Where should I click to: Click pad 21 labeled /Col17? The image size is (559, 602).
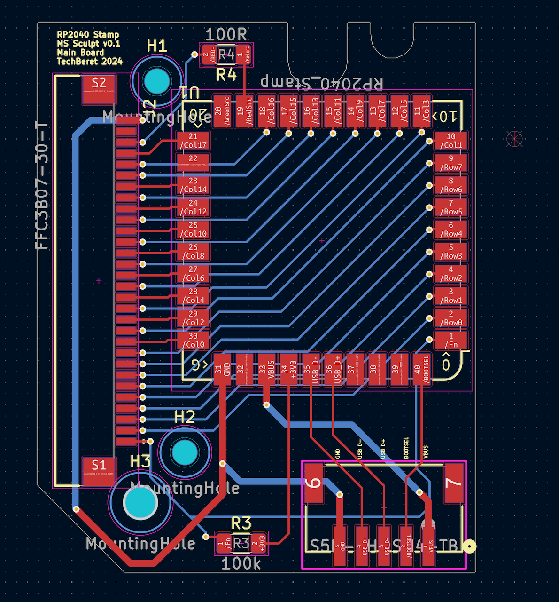pyautogui.click(x=193, y=141)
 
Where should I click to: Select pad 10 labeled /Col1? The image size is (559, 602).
pyautogui.click(x=450, y=141)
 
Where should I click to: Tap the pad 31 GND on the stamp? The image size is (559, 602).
pyautogui.click(x=223, y=369)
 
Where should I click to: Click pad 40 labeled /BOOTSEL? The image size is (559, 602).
pyautogui.click(x=421, y=369)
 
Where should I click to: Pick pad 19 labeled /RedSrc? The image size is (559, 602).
pyautogui.click(x=244, y=111)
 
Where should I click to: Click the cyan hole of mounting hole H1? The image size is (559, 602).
pyautogui.click(x=156, y=81)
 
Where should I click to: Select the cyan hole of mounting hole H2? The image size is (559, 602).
pyautogui.click(x=185, y=452)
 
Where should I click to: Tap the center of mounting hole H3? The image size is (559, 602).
pyautogui.click(x=140, y=503)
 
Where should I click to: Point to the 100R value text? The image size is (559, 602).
pyautogui.click(x=226, y=34)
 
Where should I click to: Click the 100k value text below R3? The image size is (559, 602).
pyautogui.click(x=241, y=563)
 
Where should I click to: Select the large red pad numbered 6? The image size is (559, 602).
pyautogui.click(x=314, y=483)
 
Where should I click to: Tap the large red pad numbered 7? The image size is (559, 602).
pyautogui.click(x=454, y=483)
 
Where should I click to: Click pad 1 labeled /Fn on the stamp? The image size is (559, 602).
pyautogui.click(x=450, y=340)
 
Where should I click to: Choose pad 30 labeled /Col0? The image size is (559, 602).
pyautogui.click(x=193, y=340)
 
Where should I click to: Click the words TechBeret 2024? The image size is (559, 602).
pyautogui.click(x=90, y=62)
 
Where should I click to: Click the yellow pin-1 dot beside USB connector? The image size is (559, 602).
pyautogui.click(x=469, y=547)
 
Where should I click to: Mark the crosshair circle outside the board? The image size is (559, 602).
pyautogui.click(x=515, y=138)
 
